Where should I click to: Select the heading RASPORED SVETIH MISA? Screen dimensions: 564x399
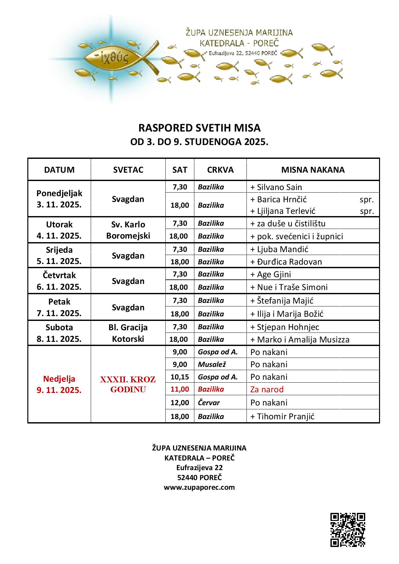tap(199, 128)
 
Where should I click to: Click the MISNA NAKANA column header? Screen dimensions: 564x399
tap(313, 170)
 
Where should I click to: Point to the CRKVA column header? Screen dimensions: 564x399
tap(220, 170)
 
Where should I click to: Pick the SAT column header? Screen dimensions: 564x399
tap(180, 170)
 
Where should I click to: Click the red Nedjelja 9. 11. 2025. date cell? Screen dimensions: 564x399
tap(59, 385)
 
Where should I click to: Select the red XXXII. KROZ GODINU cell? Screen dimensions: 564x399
tap(128, 385)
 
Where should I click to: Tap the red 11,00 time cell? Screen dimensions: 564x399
tap(180, 389)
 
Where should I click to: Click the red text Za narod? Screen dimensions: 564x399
tap(267, 390)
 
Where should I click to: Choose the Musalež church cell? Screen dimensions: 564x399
tap(211, 364)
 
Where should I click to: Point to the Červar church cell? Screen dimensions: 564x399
tap(209, 403)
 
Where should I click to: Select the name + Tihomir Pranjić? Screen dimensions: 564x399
tap(282, 417)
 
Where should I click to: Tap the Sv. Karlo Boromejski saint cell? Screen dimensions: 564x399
tap(128, 230)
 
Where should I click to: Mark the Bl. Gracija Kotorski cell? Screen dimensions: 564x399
tap(128, 333)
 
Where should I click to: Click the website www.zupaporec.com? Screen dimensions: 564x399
tap(199, 487)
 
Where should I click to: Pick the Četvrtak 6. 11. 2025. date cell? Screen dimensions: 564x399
tap(59, 281)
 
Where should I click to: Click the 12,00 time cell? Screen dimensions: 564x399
tap(180, 403)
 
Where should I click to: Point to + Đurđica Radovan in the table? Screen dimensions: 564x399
tap(286, 262)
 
